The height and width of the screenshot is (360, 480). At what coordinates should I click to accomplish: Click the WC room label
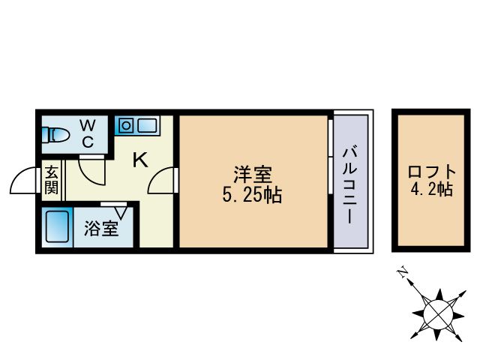[x=87, y=132]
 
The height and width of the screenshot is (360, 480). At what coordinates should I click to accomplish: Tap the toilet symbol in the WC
[x=56, y=136]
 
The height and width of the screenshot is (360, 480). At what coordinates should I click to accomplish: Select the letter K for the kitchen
[x=139, y=159]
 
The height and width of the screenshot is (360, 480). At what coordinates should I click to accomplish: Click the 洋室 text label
[x=252, y=174]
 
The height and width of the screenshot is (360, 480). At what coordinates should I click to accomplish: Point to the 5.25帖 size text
[x=252, y=196]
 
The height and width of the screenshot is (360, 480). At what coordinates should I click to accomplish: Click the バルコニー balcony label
[x=349, y=183]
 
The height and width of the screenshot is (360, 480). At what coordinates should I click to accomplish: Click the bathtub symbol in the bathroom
[x=57, y=226]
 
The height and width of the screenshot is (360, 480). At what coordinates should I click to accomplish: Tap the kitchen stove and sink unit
[x=136, y=124]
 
